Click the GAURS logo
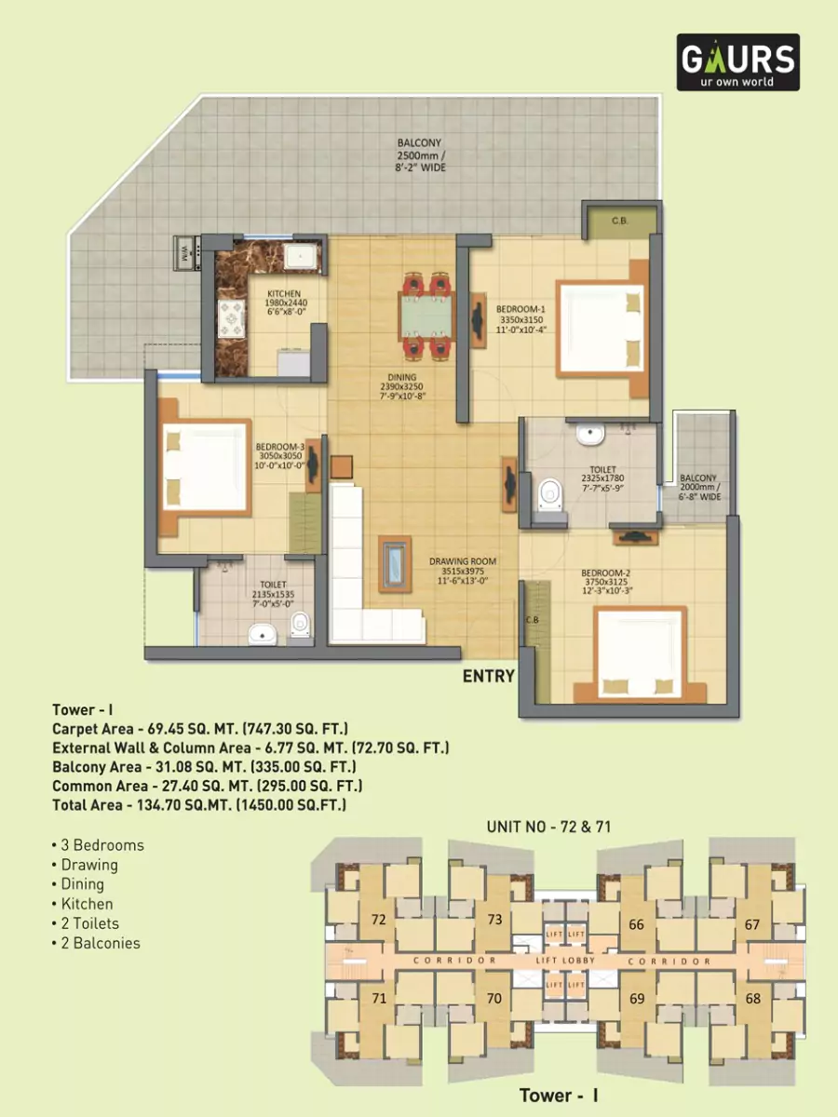[737, 62]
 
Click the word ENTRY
[489, 677]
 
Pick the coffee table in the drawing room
[394, 564]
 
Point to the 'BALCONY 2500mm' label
[420, 155]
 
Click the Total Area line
[199, 806]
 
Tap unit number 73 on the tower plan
[494, 920]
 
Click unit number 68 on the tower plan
[752, 999]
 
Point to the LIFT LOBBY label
[565, 960]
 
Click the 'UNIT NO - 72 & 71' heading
[548, 827]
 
